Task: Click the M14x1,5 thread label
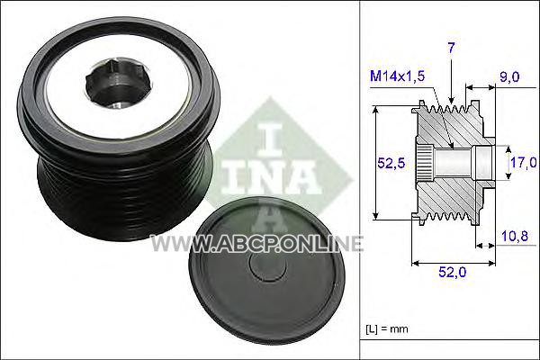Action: (x=397, y=76)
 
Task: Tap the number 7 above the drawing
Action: (x=451, y=49)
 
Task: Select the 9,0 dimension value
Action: (x=509, y=76)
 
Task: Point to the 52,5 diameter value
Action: (x=391, y=163)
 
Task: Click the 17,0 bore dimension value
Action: (x=523, y=163)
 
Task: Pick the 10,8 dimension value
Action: (x=515, y=237)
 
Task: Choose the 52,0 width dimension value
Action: (x=452, y=272)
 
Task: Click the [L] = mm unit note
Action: (x=387, y=328)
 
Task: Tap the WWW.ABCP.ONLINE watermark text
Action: (x=256, y=243)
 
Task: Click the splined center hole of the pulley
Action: (x=116, y=84)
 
